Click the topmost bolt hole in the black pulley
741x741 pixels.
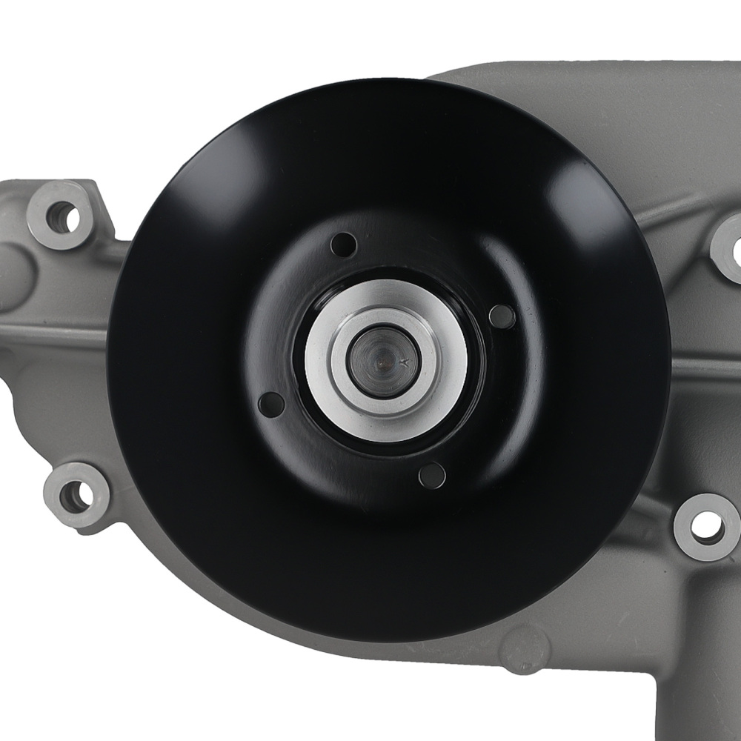pyautogui.click(x=344, y=244)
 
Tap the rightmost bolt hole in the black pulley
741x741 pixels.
pyautogui.click(x=502, y=316)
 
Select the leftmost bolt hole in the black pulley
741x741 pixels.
pyautogui.click(x=271, y=404)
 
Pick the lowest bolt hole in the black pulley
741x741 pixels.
pyautogui.click(x=431, y=475)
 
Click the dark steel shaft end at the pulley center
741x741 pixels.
pyautogui.click(x=384, y=361)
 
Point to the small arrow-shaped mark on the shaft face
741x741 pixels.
pyautogui.click(x=404, y=362)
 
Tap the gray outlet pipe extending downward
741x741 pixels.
pyautogui.click(x=697, y=689)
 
